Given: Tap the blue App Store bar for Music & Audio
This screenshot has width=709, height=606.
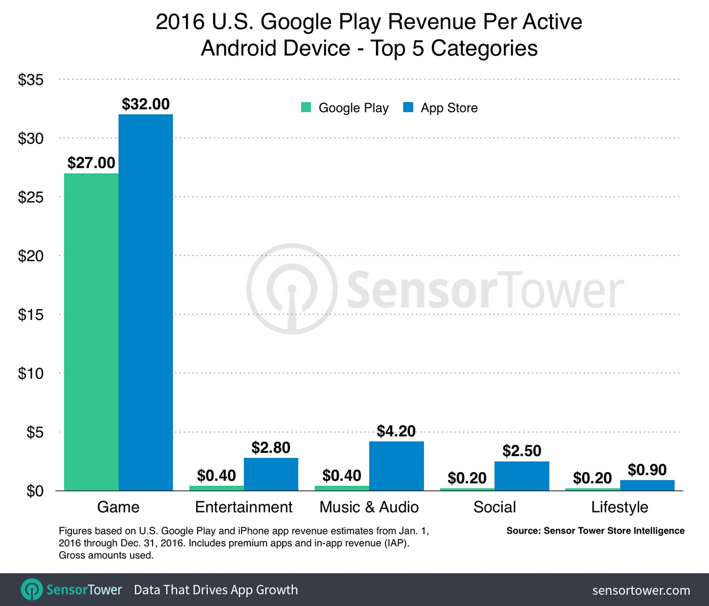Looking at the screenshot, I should pos(397,466).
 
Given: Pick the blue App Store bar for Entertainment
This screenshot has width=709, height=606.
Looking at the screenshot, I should pos(271,474).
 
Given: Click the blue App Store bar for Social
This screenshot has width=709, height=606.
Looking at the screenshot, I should pos(522,476).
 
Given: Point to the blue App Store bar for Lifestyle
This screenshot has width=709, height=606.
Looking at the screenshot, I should pos(647,485).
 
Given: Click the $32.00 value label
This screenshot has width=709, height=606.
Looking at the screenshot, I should pos(146,104).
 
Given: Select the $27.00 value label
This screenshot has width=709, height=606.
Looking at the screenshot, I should pos(91,163).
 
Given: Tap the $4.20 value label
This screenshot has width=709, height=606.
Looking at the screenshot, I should pos(396,431).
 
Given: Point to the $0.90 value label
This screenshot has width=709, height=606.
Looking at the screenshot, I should pos(647,470).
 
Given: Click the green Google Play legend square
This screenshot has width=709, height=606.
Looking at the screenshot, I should pos(306,107).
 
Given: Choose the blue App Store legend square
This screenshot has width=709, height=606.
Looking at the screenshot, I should pos(408,107).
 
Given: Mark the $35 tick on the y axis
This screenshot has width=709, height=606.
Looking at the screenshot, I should pos(31,80).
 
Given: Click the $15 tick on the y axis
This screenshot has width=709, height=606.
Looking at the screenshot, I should pos(31,314).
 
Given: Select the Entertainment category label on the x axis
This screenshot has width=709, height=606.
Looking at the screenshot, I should pos(244,507).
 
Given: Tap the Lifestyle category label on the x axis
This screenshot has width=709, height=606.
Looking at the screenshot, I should pos(620,507).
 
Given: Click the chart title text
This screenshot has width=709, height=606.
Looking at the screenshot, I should pos(369,35).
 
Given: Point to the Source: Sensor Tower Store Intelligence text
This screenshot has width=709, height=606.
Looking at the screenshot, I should pos(595,531).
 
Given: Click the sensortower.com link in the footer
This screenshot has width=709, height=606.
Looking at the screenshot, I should pos(641,590).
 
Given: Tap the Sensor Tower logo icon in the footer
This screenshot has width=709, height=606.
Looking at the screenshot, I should pos(32,589).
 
